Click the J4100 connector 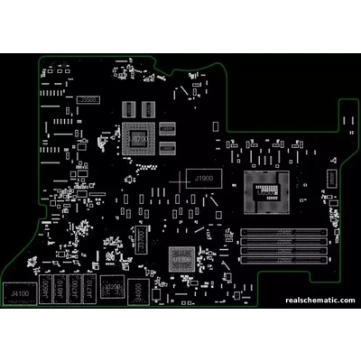coord(19,293)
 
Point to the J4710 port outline coord(89,290)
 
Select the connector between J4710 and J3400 coord(112,291)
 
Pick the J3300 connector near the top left coord(88,97)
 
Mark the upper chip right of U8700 coord(166,128)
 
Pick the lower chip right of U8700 coord(166,146)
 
